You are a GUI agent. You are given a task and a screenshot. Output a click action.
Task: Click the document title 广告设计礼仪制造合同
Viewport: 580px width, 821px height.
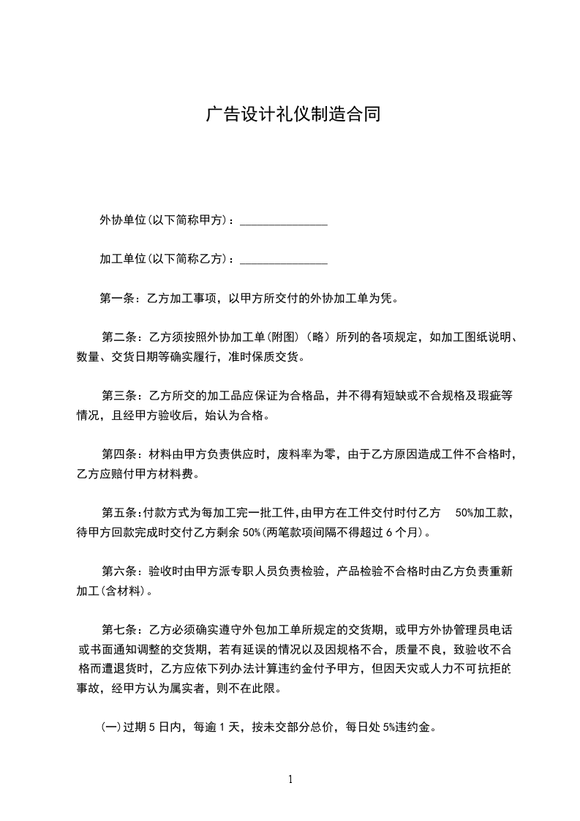293,115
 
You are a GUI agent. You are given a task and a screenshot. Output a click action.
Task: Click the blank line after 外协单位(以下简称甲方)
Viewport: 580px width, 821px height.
283,222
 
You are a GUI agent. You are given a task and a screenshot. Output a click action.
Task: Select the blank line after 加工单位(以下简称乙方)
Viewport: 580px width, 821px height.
283,260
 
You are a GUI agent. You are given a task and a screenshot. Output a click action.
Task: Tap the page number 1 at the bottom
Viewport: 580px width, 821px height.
290,779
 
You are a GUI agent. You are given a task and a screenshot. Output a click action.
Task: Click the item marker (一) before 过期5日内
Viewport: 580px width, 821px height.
110,728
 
